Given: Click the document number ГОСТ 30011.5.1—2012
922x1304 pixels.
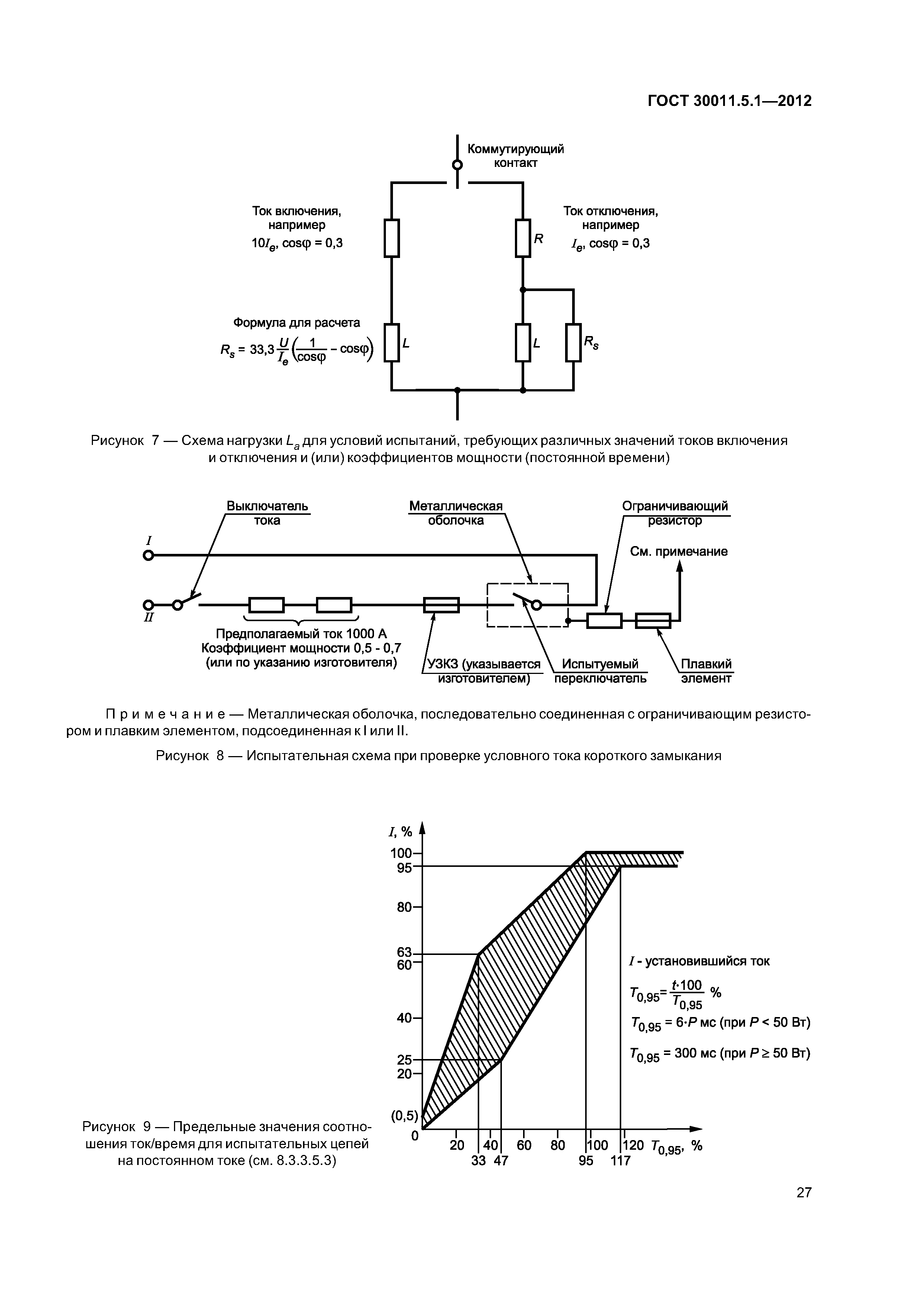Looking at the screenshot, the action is click(729, 101).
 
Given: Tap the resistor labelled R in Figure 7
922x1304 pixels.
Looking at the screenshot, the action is click(523, 238).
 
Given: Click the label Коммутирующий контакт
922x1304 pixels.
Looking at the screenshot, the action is click(515, 156).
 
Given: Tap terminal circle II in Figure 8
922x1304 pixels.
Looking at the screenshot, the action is click(148, 604).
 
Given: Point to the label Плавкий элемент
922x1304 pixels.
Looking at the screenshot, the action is click(706, 671).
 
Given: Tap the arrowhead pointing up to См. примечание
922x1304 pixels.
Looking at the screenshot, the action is click(680, 566).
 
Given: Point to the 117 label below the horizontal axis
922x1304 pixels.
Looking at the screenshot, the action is click(620, 1161).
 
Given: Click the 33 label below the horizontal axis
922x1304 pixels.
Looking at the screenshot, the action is click(478, 1161).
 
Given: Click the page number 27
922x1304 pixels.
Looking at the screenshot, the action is click(804, 1208).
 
